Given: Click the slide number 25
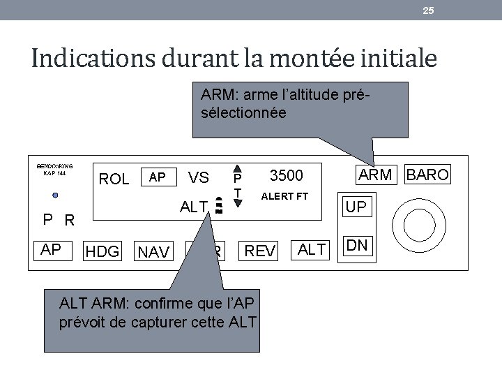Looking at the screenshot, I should (429, 10).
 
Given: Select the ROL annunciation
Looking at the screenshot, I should (114, 179).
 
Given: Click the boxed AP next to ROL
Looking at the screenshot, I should (158, 177).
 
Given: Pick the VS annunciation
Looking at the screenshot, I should (199, 178).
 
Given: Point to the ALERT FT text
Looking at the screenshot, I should (284, 196).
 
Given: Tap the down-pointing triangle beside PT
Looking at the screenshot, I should (238, 204).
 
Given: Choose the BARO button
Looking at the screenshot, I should (427, 175).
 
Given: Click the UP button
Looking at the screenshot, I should (356, 207).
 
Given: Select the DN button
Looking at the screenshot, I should (357, 245).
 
